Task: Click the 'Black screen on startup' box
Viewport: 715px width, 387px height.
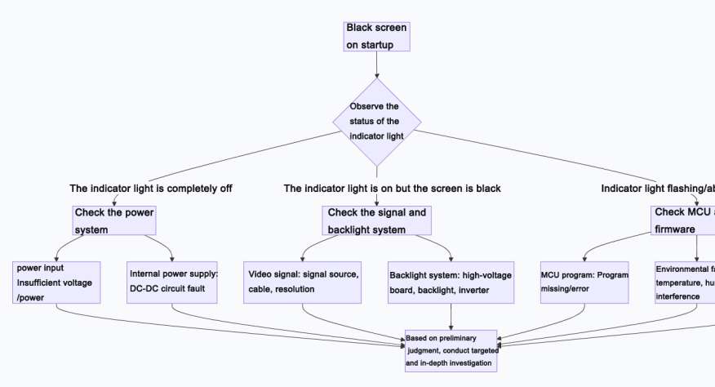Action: [x=375, y=37]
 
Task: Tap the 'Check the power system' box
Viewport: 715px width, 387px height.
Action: [x=113, y=221]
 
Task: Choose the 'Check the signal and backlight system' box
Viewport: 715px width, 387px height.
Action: [x=376, y=221]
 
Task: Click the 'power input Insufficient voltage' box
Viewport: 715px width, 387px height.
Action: [x=57, y=282]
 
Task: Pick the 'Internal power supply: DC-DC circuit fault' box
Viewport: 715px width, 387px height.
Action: [x=172, y=282]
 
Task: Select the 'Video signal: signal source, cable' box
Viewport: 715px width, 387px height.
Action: [x=303, y=282]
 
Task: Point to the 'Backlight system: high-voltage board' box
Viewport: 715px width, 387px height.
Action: [x=451, y=282]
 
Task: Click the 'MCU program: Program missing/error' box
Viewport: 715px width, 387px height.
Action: [x=584, y=282]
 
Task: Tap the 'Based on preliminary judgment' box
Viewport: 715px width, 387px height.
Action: [x=451, y=351]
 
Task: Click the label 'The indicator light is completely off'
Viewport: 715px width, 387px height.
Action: [x=151, y=189]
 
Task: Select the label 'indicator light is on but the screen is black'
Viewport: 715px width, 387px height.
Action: [x=392, y=189]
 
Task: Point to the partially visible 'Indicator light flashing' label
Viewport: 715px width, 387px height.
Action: [x=657, y=189]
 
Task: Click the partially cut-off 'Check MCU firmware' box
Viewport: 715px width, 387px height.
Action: [x=683, y=221]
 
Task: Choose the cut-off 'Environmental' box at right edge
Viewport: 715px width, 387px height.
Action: [x=684, y=282]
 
